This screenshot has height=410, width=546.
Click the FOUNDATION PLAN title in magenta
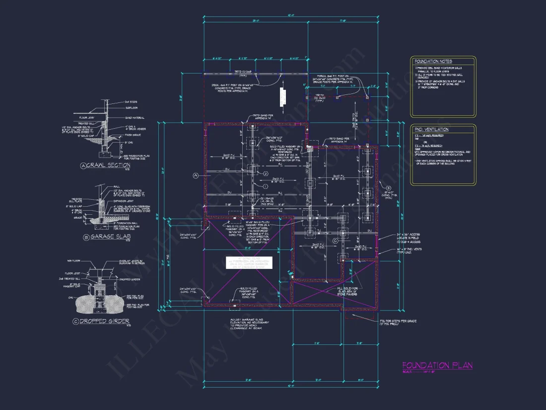pos(437,366)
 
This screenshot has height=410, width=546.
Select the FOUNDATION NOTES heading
pos(432,61)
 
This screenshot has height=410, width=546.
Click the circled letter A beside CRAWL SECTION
pos(83,165)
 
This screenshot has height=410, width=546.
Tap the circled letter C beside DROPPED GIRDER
pos(76,321)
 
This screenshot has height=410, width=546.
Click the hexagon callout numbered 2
pos(266,174)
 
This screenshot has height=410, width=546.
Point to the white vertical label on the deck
pos(282,96)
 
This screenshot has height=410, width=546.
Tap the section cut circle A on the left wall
pos(196,175)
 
